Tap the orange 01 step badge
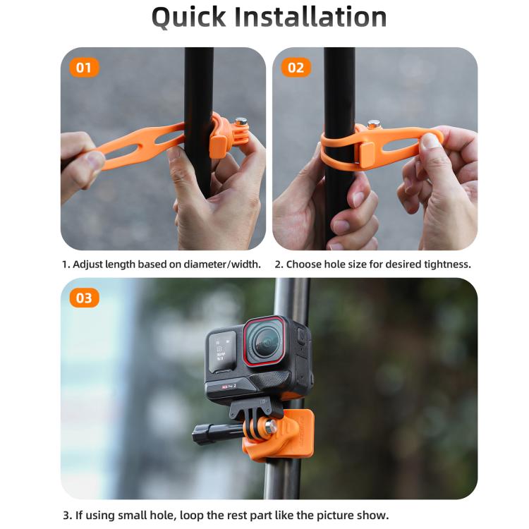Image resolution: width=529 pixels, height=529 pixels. pyautogui.click(x=84, y=68)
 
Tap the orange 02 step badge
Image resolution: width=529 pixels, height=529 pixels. pyautogui.click(x=296, y=68)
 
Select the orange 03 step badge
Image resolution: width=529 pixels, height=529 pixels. pyautogui.click(x=84, y=298)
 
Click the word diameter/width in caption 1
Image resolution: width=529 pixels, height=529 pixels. pyautogui.click(x=218, y=264)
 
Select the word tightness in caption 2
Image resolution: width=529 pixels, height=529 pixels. pyautogui.click(x=444, y=264)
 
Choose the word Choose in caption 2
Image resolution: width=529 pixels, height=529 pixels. pyautogui.click(x=306, y=264)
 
